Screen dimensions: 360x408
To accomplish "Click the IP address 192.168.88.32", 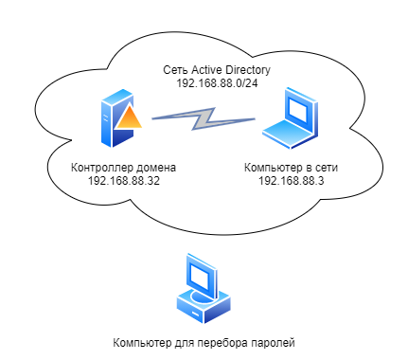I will coord(123,181).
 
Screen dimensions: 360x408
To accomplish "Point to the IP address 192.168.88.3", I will coord(291,181).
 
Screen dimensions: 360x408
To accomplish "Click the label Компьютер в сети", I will coord(291,168).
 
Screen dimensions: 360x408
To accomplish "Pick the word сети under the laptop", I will coord(325,168).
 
